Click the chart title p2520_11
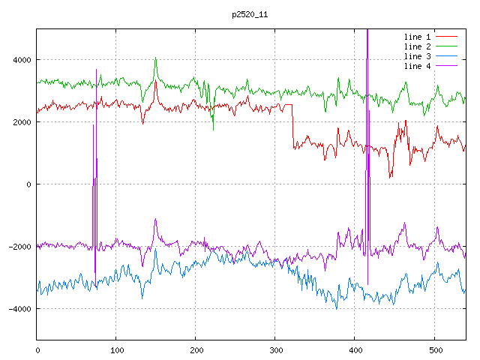(x=250, y=14)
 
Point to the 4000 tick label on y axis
(x=20, y=60)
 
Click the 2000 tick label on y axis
(x=20, y=122)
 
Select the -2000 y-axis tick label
(x=18, y=247)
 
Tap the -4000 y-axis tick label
(x=18, y=309)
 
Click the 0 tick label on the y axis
(x=29, y=184)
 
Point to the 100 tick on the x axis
(x=116, y=349)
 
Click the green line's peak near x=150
(x=155, y=58)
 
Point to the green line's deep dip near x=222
(x=213, y=129)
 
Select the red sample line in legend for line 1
(x=446, y=37)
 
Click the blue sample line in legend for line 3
(x=446, y=56)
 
